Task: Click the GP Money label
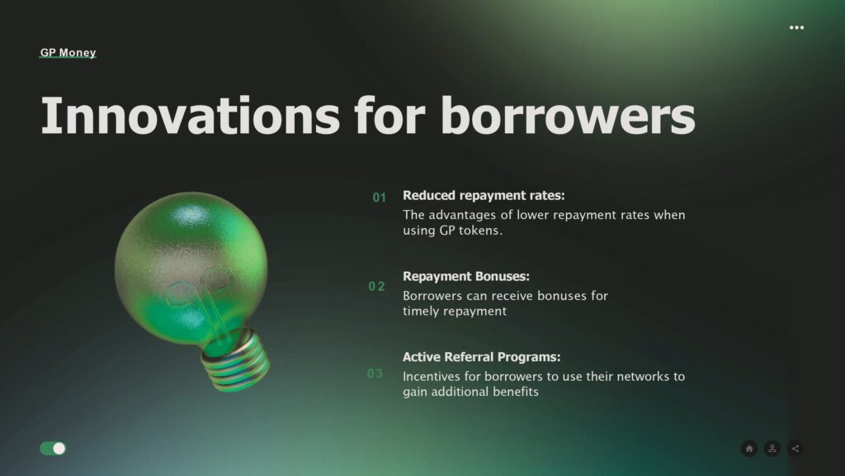[68, 52]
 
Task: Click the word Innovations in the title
[191, 115]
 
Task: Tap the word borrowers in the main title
[568, 115]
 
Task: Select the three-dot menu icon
[796, 27]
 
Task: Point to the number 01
[380, 198]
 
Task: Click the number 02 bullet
[376, 286]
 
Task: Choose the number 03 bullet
[375, 374]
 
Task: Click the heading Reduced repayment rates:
[484, 195]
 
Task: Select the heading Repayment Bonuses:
[466, 276]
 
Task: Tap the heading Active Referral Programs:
[481, 357]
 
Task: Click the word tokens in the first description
[481, 231]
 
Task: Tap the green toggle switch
[53, 449]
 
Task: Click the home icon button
[749, 449]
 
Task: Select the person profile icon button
[772, 449]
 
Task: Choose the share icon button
[795, 449]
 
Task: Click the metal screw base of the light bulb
[235, 360]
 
